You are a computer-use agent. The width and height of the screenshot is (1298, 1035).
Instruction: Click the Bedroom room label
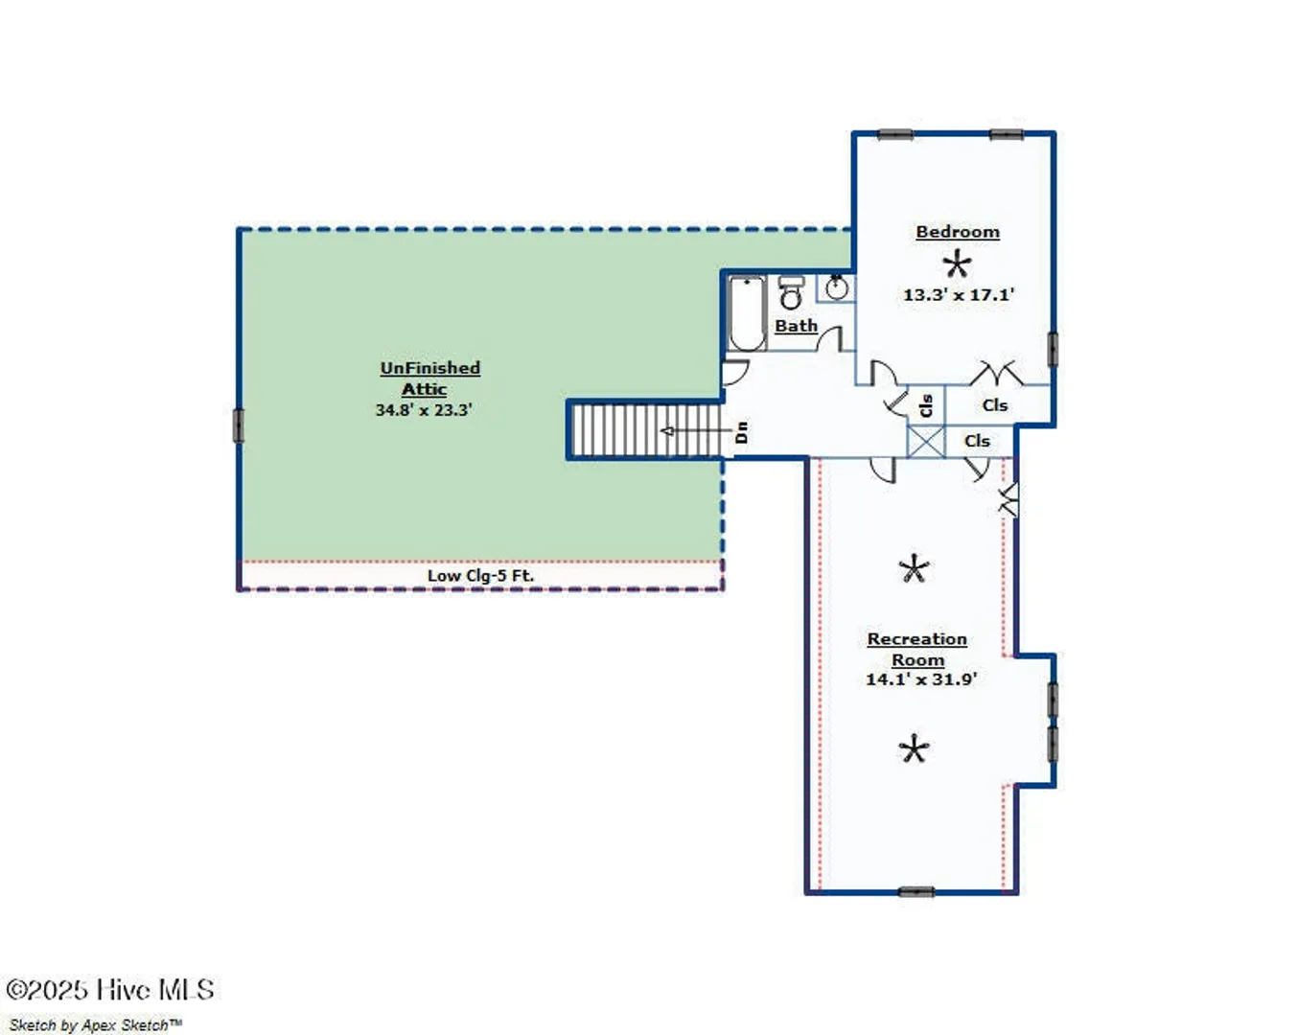point(958,232)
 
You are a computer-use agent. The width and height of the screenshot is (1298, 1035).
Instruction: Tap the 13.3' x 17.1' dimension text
point(959,295)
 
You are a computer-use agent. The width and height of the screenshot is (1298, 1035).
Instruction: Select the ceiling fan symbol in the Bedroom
point(957,264)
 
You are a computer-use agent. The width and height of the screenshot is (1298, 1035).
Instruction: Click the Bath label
point(797,326)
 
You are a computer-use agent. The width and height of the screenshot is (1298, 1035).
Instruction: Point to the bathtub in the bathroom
point(747,313)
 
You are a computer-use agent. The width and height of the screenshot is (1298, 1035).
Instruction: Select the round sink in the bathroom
point(836,287)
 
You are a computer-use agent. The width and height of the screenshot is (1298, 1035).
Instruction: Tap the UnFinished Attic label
point(429,379)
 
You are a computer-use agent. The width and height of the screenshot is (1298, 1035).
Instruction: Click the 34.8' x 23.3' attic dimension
point(424,410)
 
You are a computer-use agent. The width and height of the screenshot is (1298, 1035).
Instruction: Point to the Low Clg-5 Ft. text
point(480,575)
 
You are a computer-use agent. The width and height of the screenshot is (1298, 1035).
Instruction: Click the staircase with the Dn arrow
point(646,430)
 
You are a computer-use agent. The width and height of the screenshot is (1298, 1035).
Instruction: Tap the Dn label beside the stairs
point(742,432)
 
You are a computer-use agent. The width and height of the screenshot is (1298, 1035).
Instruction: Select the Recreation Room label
point(916,649)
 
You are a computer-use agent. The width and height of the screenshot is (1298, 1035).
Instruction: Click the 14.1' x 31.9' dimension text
point(921,679)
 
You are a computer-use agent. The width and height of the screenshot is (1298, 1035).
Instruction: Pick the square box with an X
point(926,442)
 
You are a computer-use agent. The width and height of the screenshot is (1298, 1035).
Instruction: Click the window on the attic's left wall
point(239,425)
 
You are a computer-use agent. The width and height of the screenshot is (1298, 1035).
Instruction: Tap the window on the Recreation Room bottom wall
point(916,891)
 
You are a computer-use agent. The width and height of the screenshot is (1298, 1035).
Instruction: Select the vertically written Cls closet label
point(926,405)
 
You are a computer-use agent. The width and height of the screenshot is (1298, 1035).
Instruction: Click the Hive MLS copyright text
point(110,990)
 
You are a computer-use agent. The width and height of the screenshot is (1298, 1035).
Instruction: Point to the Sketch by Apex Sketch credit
point(95,1024)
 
